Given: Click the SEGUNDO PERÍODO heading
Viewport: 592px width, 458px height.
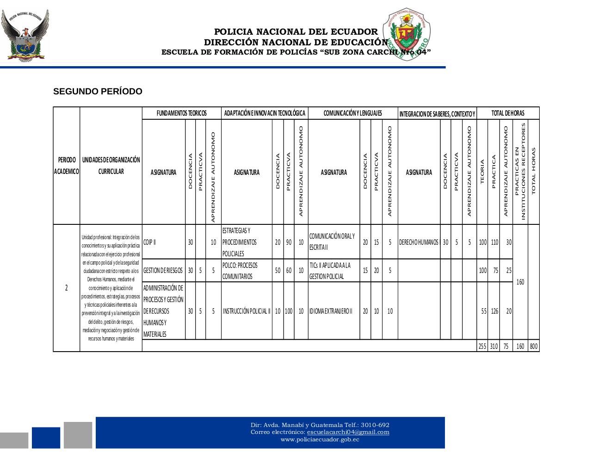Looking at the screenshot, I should point(98,92).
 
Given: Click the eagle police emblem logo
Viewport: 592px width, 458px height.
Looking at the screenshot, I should point(25,36).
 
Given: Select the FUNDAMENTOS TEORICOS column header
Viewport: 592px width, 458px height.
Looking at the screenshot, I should point(181,113).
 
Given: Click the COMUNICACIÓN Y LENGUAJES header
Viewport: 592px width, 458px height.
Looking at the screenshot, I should point(352,113).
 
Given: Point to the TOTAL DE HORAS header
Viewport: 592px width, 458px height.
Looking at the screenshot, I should point(507,113).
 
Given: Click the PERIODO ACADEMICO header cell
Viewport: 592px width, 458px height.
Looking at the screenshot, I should point(67,166).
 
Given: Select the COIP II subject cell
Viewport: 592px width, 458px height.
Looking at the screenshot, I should point(150,242).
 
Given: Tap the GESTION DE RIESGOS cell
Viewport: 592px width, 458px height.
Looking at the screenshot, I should point(163,271).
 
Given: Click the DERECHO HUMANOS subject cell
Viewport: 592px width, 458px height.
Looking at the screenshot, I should point(419,242).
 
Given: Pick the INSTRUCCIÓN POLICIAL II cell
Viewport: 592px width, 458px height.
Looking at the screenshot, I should point(246,311).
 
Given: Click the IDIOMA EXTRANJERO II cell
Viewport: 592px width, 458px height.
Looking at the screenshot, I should point(331,311).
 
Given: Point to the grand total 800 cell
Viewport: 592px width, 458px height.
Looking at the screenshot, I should point(534,346).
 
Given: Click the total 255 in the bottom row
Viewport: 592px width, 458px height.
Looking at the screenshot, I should point(482,346).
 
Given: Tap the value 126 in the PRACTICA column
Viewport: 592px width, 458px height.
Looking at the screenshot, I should point(494,311).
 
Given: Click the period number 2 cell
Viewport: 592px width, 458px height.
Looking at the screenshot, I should point(67,288).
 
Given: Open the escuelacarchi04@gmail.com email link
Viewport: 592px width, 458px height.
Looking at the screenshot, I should point(348,432).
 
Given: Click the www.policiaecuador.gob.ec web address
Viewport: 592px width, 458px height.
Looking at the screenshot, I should point(320,439).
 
